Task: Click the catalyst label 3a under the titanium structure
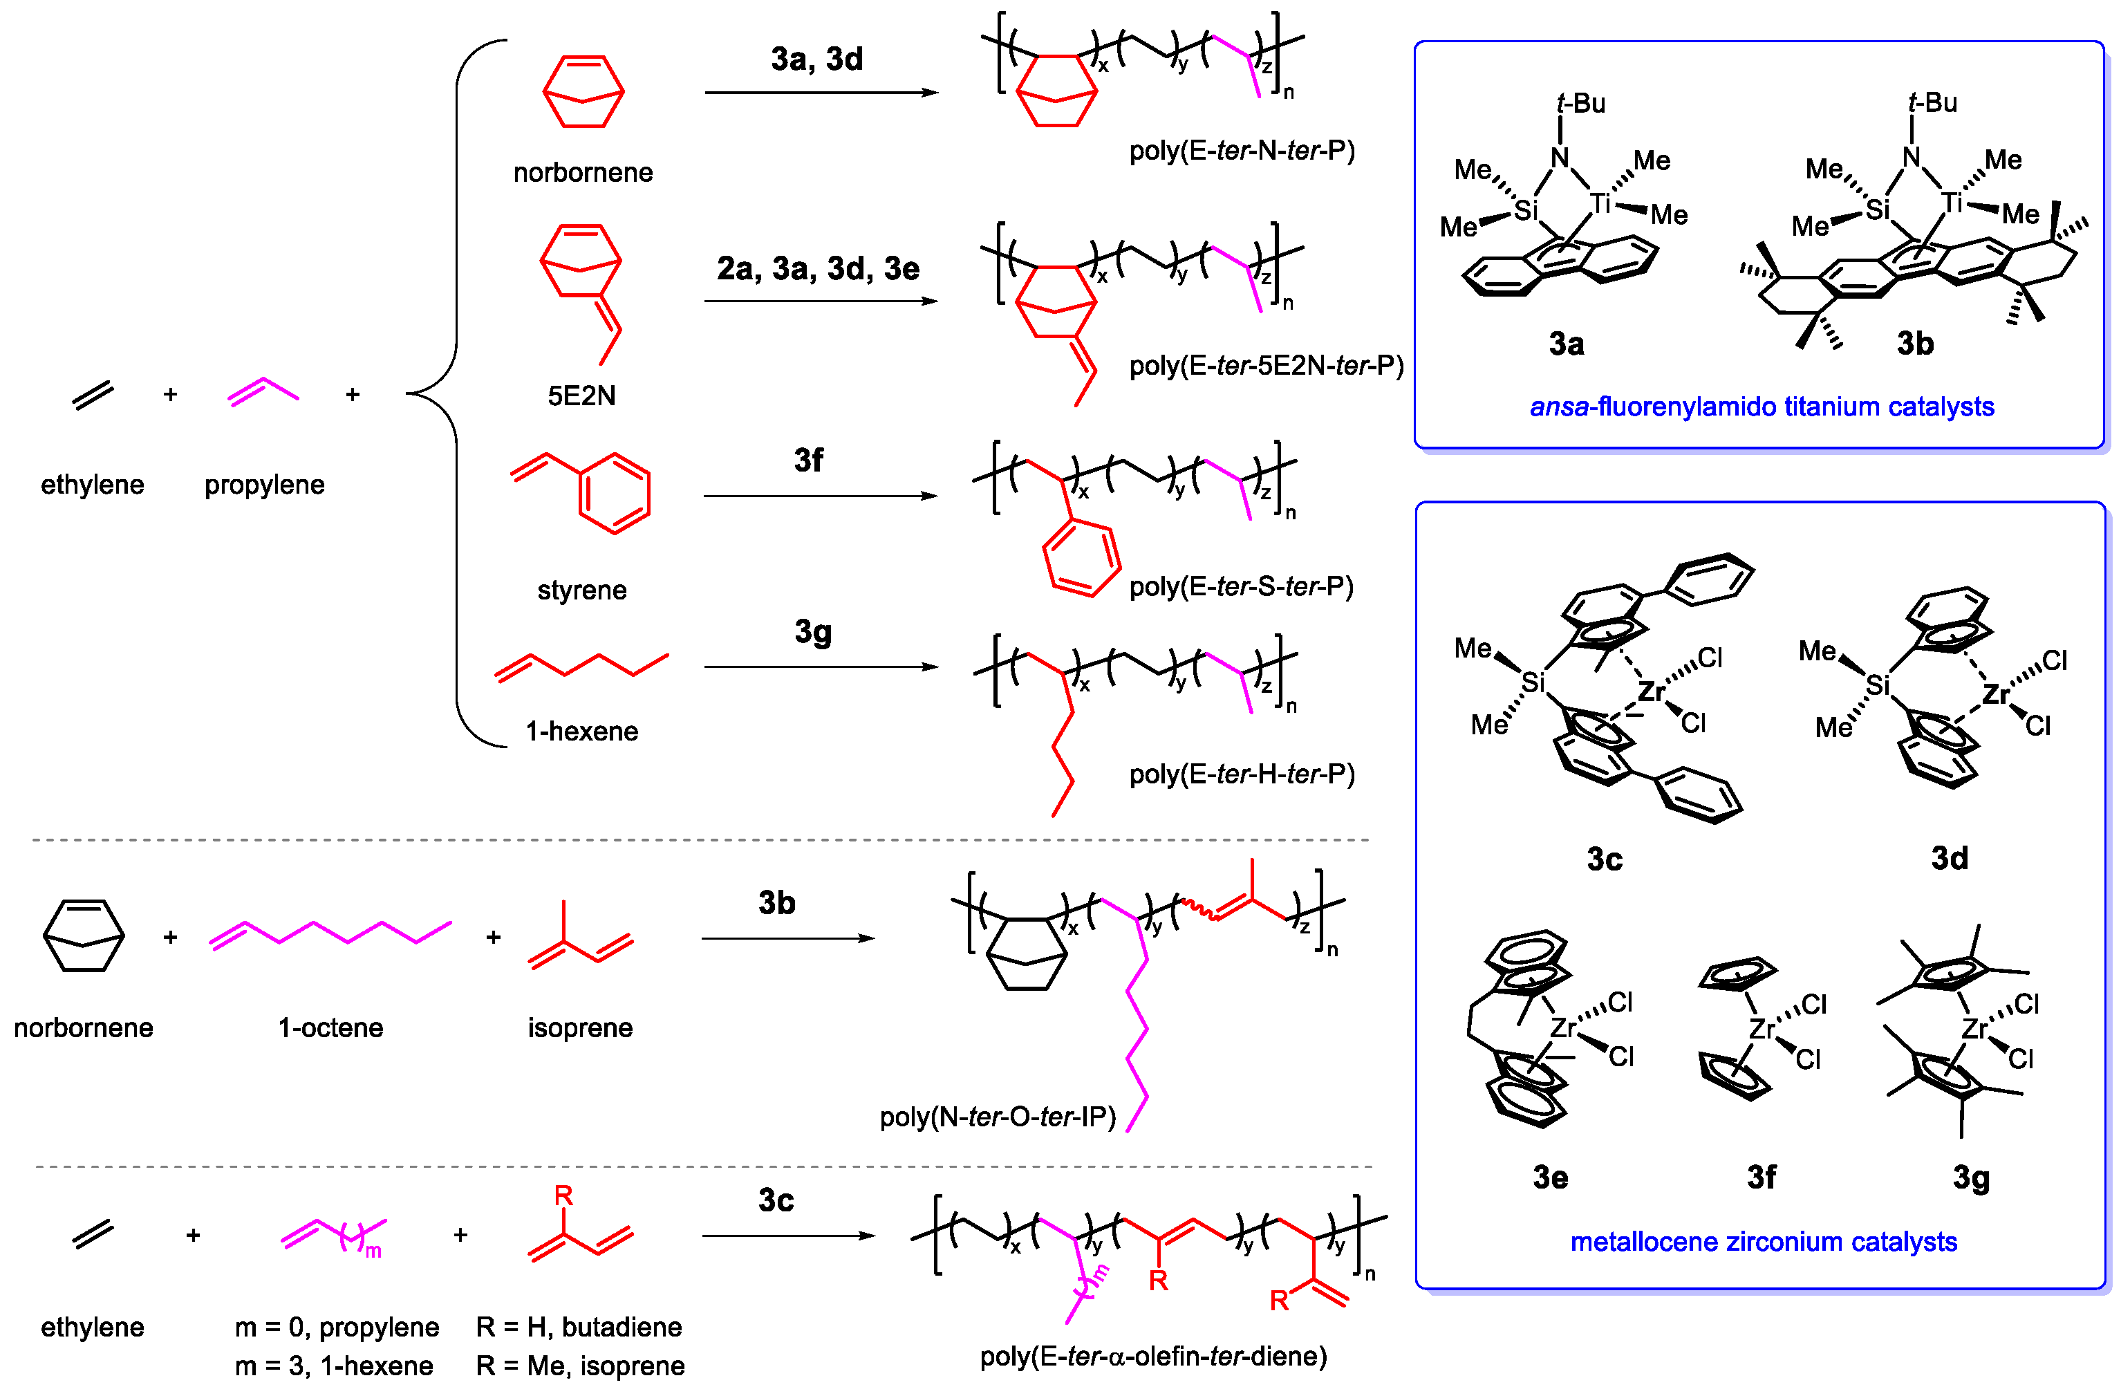pyautogui.click(x=1566, y=343)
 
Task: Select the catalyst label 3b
pyautogui.click(x=1914, y=343)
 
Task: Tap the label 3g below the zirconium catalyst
pyautogui.click(x=1970, y=1177)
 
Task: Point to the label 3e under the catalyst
pyautogui.click(x=1550, y=1177)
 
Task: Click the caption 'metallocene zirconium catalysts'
pyautogui.click(x=1763, y=1242)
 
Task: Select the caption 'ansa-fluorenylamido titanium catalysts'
pyautogui.click(x=1761, y=407)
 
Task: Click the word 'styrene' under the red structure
pyautogui.click(x=582, y=590)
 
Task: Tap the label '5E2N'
pyautogui.click(x=581, y=395)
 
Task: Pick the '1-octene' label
pyautogui.click(x=330, y=1027)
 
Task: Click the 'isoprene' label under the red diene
pyautogui.click(x=580, y=1027)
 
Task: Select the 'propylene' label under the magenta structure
pyautogui.click(x=265, y=485)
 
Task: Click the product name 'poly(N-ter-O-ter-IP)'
pyautogui.click(x=997, y=1117)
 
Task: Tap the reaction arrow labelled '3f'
pyautogui.click(x=820, y=496)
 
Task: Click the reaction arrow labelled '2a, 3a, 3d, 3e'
pyautogui.click(x=820, y=301)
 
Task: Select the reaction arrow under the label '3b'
pyautogui.click(x=788, y=938)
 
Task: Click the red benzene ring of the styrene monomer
pyautogui.click(x=615, y=493)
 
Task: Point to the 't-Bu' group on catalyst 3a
pyautogui.click(x=1580, y=104)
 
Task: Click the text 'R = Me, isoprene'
pyautogui.click(x=580, y=1366)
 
